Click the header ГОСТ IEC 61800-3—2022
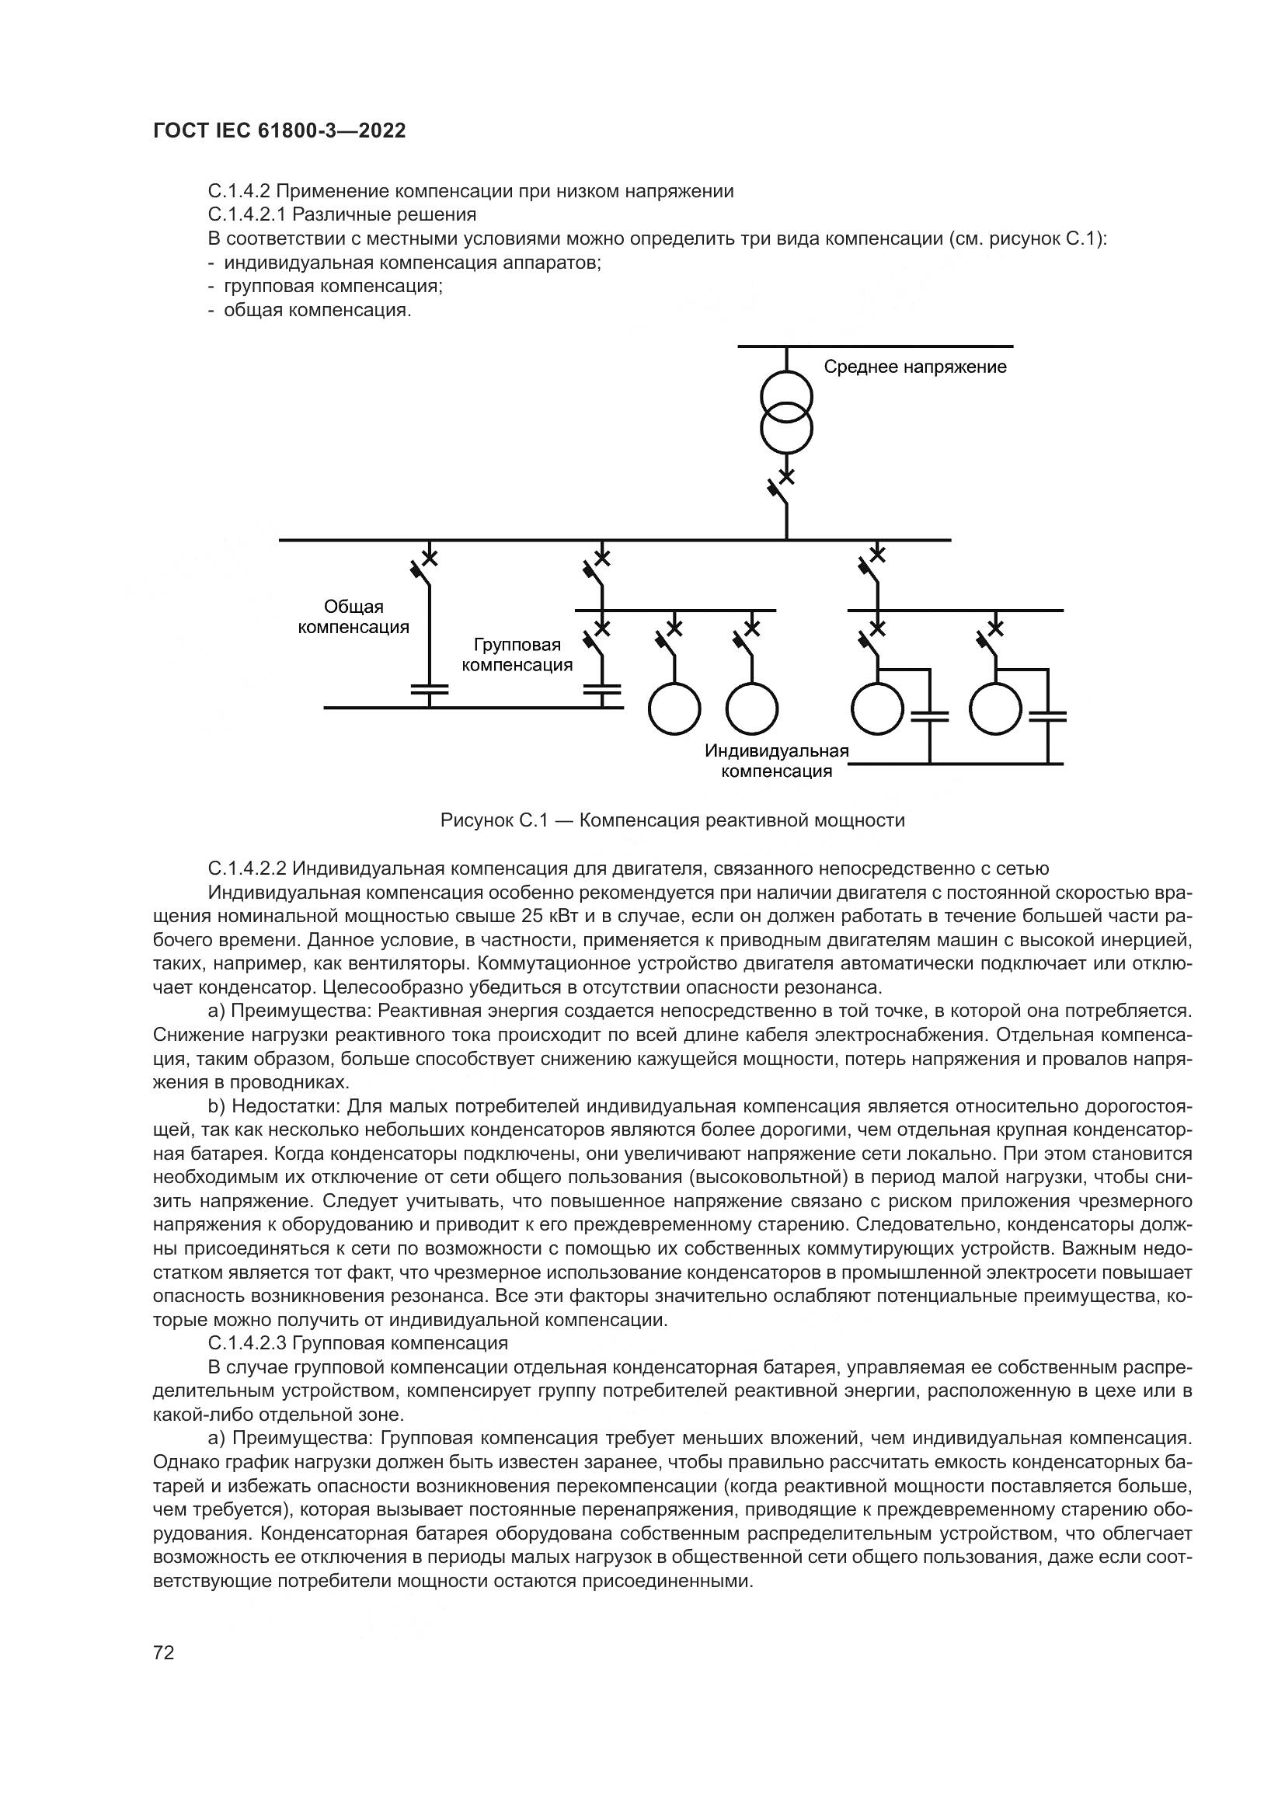[279, 131]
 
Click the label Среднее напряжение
[914, 367]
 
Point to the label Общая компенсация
[353, 617]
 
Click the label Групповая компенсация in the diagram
[517, 654]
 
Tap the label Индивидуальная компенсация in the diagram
[776, 761]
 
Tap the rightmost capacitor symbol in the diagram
[1046, 717]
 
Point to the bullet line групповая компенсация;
[333, 286]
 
